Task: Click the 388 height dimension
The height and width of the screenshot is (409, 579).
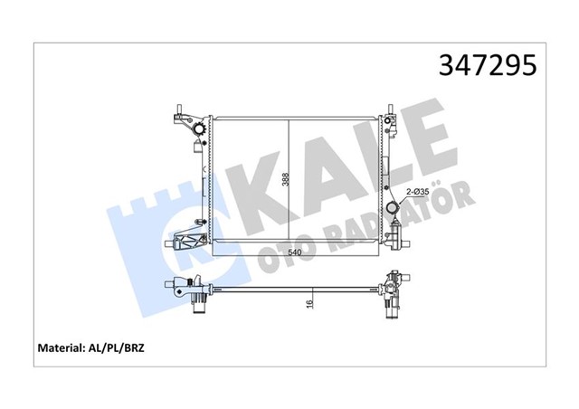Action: [x=283, y=181]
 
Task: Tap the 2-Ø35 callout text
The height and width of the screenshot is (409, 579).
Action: [x=417, y=192]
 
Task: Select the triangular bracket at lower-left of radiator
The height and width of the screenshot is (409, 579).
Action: [x=186, y=242]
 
